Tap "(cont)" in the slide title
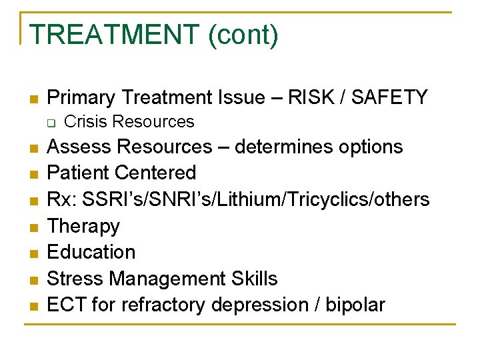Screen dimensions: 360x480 (243, 35)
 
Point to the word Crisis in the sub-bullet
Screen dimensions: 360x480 (83, 122)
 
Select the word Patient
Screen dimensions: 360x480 (78, 173)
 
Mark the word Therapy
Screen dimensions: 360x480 (83, 226)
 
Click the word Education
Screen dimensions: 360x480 (91, 252)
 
